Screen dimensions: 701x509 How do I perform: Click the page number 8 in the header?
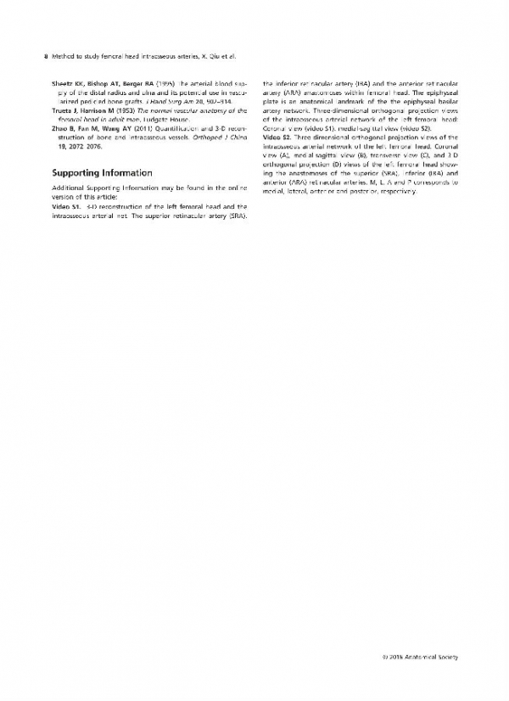pos(44,57)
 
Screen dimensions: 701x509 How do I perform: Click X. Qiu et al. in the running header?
pos(215,57)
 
